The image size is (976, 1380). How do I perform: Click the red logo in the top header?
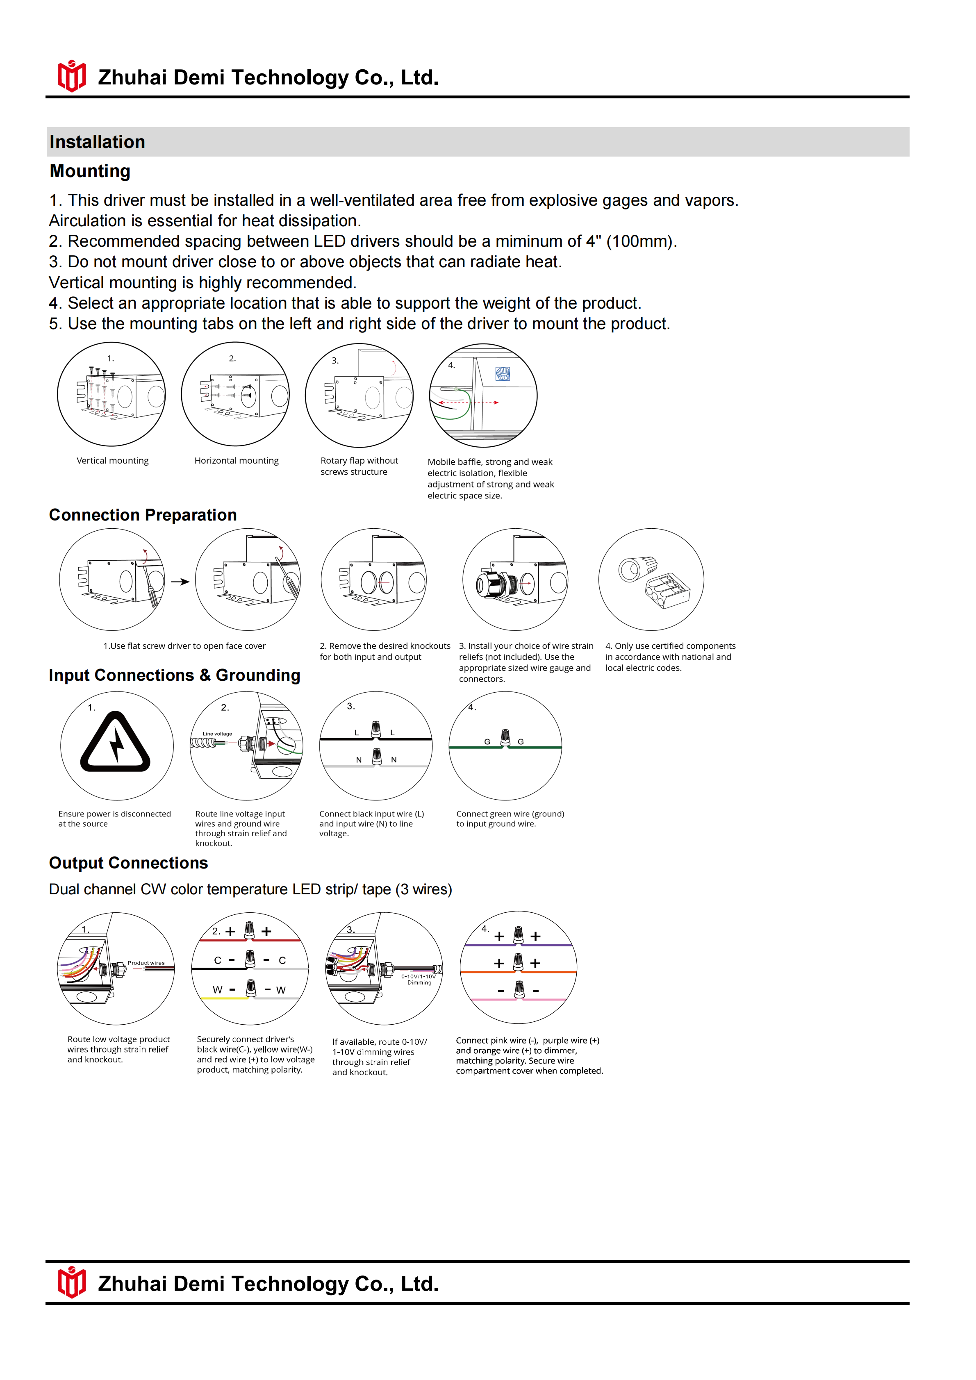(71, 76)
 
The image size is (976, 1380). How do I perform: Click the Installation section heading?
(98, 142)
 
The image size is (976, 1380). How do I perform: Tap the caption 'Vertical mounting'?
(112, 460)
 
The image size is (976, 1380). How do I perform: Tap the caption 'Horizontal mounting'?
(236, 460)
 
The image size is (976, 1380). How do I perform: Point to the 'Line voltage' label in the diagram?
(217, 734)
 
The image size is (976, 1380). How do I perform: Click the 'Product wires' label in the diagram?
(146, 963)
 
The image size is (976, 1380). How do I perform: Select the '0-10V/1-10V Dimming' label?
(419, 980)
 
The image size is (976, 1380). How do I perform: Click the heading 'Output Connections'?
(128, 863)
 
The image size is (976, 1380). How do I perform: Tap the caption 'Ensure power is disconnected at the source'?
(114, 818)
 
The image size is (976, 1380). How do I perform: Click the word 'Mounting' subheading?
(90, 171)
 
